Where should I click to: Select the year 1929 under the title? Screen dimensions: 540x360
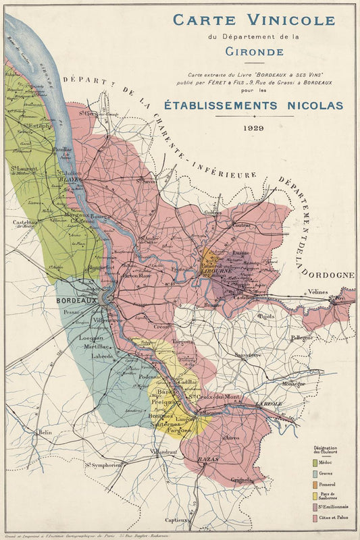pos(259,127)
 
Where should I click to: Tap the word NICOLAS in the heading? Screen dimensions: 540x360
pos(310,105)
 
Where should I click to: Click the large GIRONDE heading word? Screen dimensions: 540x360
pos(259,50)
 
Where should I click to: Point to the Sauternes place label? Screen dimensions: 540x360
pos(165,424)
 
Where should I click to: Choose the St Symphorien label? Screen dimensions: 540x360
pos(103,464)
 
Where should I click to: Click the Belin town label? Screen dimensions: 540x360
pos(45,432)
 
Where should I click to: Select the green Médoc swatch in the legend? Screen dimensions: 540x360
pos(315,462)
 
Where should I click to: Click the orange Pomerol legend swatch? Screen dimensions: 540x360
pos(315,484)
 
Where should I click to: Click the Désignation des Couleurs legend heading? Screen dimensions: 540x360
pos(329,450)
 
